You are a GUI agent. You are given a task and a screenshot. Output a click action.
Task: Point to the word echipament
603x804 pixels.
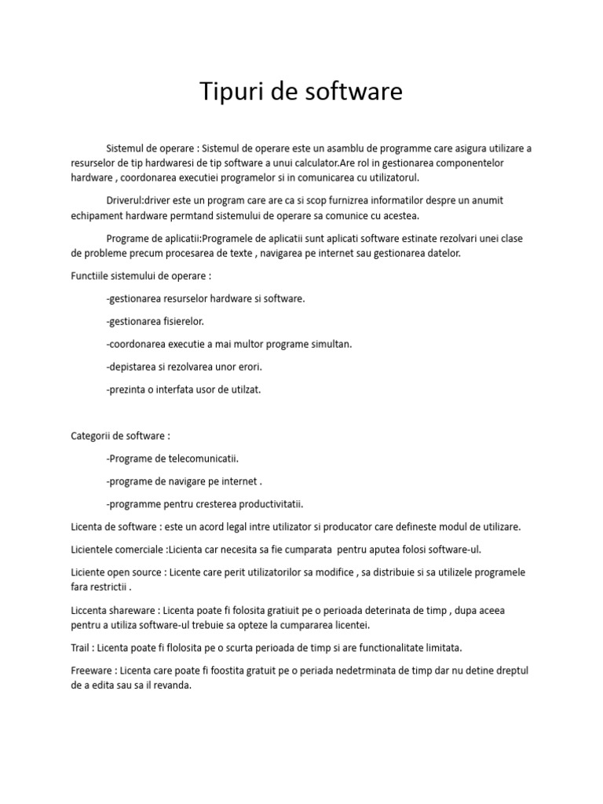pyautogui.click(x=98, y=215)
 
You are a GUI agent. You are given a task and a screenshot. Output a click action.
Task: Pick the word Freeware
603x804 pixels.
pyautogui.click(x=92, y=671)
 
